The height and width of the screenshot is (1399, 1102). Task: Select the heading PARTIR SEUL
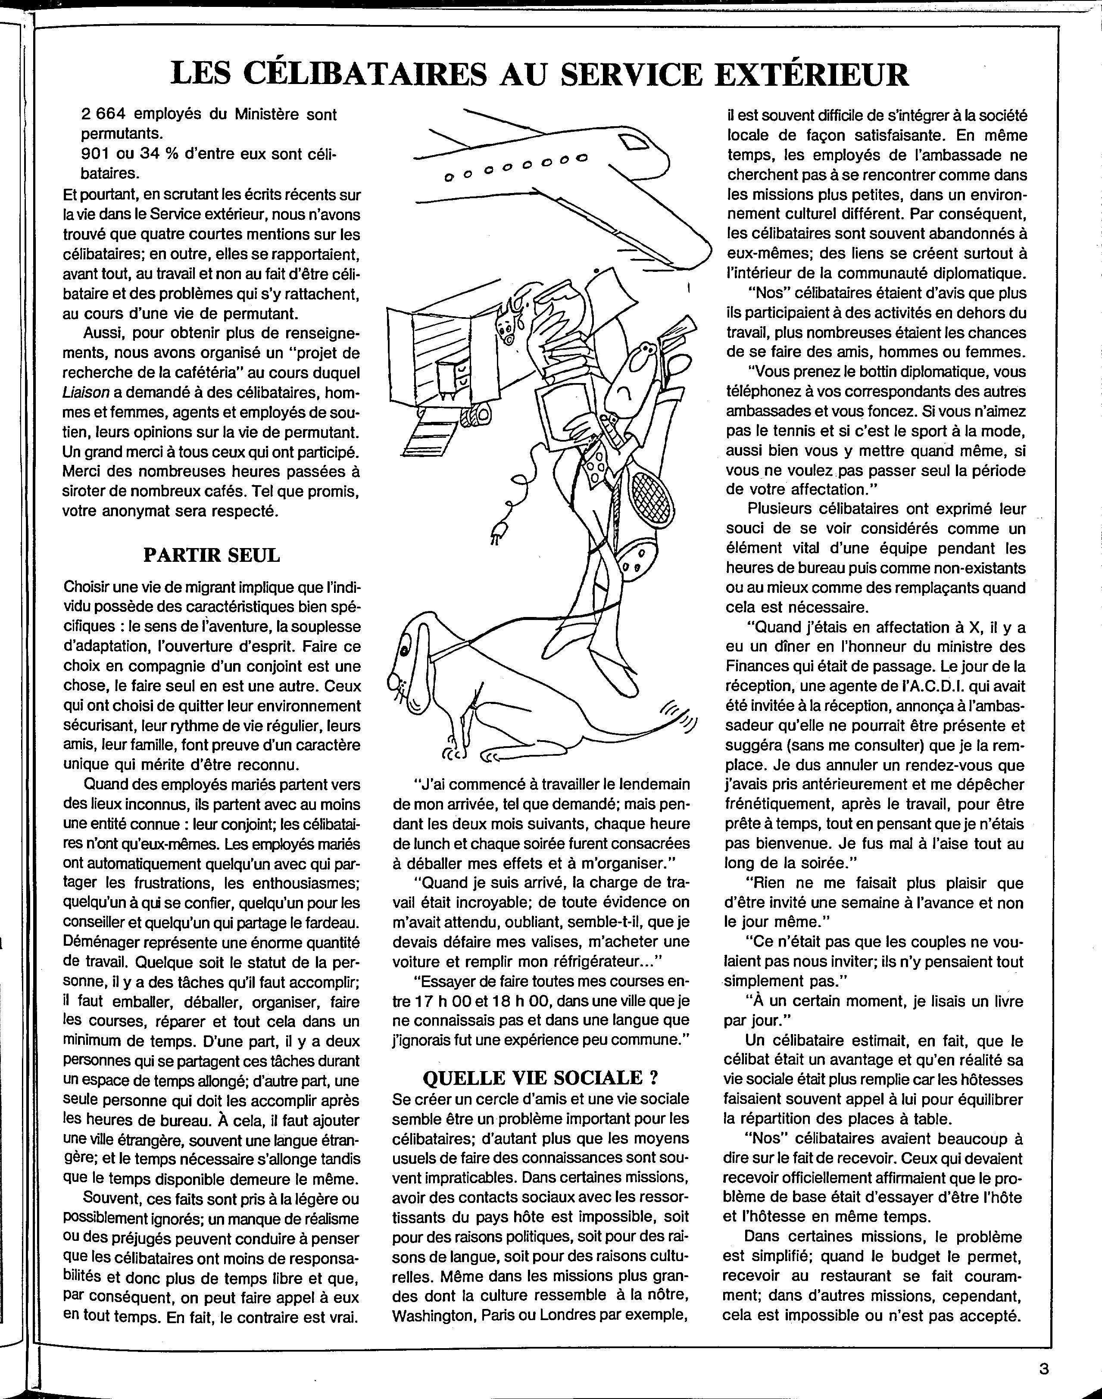pos(211,555)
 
